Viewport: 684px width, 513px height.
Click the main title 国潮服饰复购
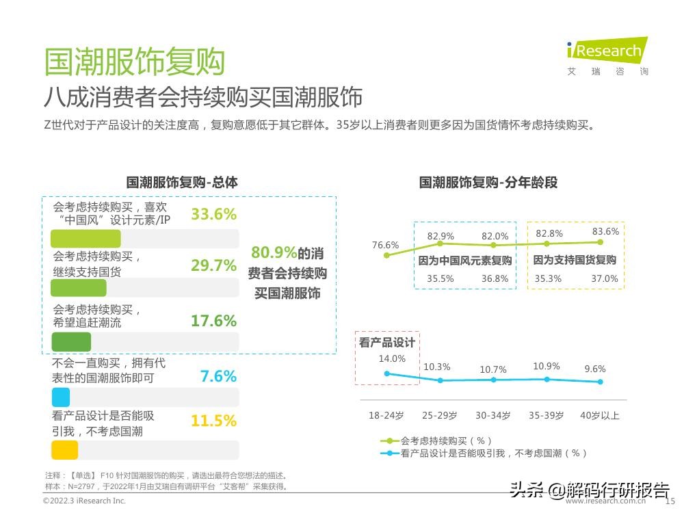134,62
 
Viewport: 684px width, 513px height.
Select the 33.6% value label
213,214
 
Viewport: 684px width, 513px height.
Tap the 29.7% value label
213,265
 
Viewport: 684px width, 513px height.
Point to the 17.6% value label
213,321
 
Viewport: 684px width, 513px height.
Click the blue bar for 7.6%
61,397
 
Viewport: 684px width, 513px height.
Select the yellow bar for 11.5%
65,450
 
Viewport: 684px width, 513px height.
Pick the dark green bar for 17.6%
71,342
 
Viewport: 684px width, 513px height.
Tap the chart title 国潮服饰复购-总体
182,183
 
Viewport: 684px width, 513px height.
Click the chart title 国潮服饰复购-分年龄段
488,183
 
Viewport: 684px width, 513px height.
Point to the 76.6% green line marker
386,255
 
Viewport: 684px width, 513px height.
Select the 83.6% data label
605,231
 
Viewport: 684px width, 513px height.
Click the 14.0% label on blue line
392,358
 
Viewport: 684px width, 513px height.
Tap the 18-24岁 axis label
386,416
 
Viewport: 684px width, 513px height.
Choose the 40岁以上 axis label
600,416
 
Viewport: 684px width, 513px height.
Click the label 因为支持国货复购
575,260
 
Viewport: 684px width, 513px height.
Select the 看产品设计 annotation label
387,343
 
